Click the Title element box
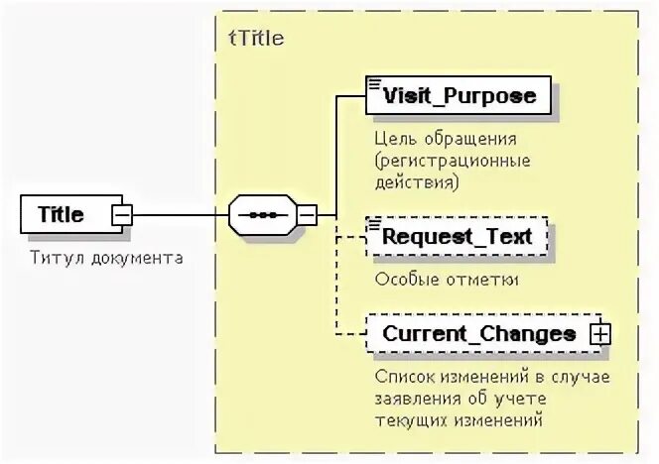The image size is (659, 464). tap(62, 214)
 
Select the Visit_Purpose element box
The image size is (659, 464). tap(459, 95)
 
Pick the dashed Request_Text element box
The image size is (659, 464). tap(457, 237)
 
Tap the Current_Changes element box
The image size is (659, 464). tap(478, 334)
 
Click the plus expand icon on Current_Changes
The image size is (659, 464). tap(599, 334)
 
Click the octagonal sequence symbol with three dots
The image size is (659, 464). tap(262, 214)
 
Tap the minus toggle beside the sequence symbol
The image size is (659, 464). tap(308, 214)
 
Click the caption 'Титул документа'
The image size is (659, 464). tap(107, 258)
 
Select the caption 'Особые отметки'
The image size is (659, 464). tap(447, 280)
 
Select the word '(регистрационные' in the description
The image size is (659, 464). tap(453, 161)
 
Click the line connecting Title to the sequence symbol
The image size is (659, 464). tap(179, 214)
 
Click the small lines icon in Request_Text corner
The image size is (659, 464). tap(374, 224)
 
